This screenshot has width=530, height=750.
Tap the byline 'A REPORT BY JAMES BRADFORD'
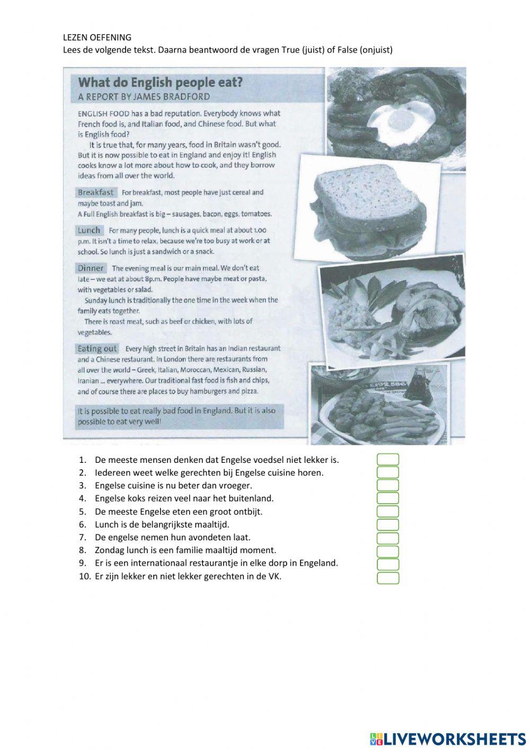click(x=144, y=97)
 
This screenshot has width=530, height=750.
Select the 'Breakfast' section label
click(x=95, y=192)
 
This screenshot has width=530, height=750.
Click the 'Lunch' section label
click(x=89, y=230)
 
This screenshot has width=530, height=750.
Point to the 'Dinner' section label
click(x=91, y=268)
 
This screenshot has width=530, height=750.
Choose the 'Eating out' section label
click(x=97, y=349)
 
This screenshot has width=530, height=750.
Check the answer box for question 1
click(x=388, y=460)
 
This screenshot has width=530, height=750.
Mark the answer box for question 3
click(x=388, y=486)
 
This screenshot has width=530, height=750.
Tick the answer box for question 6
click(x=388, y=524)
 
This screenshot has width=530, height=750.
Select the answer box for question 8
click(x=388, y=550)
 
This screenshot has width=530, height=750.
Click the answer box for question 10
click(x=388, y=577)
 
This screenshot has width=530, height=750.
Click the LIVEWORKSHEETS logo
click(x=448, y=738)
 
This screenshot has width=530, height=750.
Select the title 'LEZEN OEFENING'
click(x=97, y=37)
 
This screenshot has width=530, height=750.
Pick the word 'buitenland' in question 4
click(x=252, y=498)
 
